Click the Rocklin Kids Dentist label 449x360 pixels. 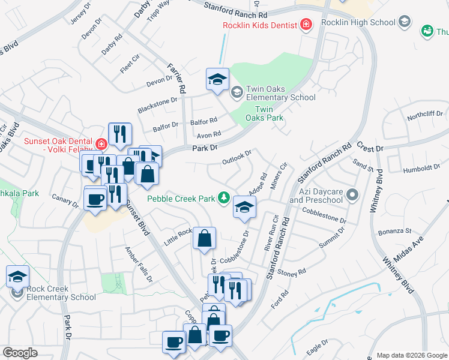(259, 25)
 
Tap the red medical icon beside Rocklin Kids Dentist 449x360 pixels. (306, 25)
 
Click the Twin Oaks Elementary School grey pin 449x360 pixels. (237, 92)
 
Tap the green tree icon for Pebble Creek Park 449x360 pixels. (223, 197)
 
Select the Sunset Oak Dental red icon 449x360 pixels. (101, 144)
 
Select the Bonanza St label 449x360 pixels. (394, 231)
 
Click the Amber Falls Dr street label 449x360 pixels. (138, 264)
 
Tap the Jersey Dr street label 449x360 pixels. (79, 12)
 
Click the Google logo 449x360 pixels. (20, 353)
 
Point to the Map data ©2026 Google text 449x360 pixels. (411, 355)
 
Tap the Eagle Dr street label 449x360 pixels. (316, 349)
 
